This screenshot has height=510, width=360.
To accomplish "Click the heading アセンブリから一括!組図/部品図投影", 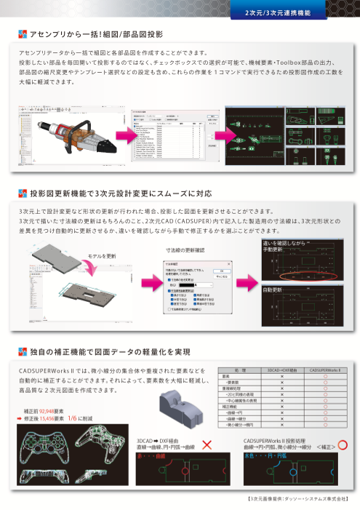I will coord(96,34).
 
